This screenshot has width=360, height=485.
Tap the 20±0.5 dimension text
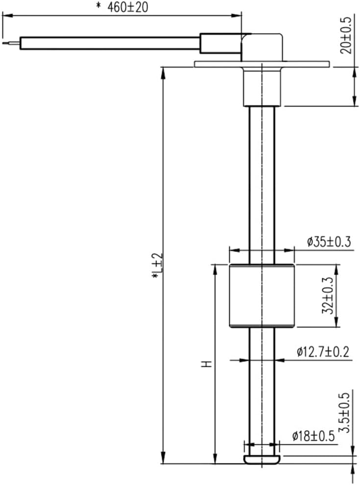[346, 36]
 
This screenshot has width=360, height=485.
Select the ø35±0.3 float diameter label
[329, 242]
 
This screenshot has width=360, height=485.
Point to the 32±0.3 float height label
[328, 296]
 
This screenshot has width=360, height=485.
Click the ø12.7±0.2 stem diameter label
[323, 352]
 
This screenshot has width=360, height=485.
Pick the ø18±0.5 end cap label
[313, 437]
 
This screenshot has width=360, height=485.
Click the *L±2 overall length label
[157, 266]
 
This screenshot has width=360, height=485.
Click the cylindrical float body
[262, 296]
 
